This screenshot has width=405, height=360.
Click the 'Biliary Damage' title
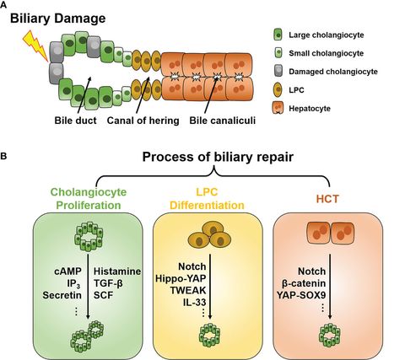point(65,19)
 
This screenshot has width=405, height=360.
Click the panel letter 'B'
point(7,157)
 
